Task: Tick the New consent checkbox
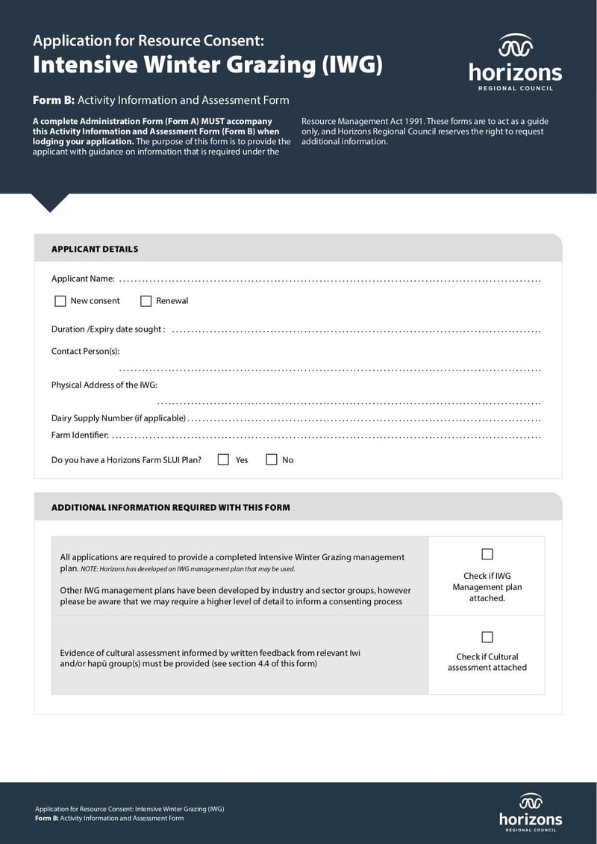click(x=60, y=301)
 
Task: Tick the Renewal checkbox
click(x=146, y=301)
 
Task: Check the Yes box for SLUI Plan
click(x=223, y=460)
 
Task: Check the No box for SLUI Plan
click(x=272, y=460)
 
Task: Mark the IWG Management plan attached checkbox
click(x=487, y=554)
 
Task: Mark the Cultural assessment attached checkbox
click(x=487, y=637)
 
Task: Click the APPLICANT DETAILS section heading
click(x=95, y=249)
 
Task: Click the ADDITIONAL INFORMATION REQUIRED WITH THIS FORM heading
click(x=170, y=508)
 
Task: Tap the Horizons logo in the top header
click(x=515, y=63)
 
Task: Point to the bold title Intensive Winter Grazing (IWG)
click(x=207, y=66)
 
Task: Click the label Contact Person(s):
click(x=85, y=351)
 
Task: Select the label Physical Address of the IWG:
click(x=104, y=385)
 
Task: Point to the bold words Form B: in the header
click(x=53, y=100)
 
